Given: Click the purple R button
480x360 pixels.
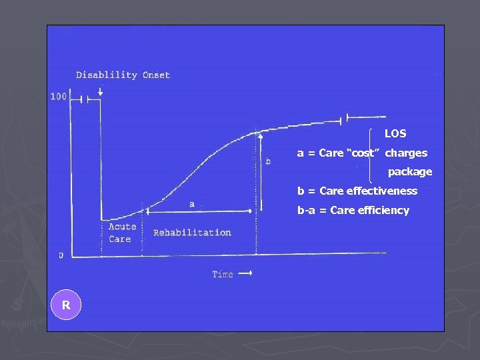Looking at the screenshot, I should [66, 305].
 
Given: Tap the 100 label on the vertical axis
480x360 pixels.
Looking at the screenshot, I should [59, 97].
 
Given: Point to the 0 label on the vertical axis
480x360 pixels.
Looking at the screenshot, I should [61, 255].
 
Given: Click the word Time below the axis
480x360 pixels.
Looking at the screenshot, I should [222, 274].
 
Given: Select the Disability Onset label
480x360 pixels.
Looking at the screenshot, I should [123, 75].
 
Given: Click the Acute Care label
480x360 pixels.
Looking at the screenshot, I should [121, 233].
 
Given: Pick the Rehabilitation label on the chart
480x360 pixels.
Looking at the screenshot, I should [192, 233].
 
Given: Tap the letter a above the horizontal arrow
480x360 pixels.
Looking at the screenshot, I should [192, 203].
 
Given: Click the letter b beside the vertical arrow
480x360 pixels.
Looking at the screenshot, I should [268, 161].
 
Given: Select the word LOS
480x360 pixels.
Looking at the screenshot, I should [395, 134].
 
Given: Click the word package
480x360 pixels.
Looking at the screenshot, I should [410, 172].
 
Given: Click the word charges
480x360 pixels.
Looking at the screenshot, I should [406, 153].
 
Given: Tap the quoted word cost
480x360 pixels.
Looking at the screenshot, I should [363, 153].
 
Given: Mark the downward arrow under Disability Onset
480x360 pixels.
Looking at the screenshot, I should [100, 91].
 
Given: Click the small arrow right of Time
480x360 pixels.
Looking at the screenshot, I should [246, 273].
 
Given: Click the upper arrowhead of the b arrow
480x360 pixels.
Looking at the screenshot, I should [261, 135].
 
